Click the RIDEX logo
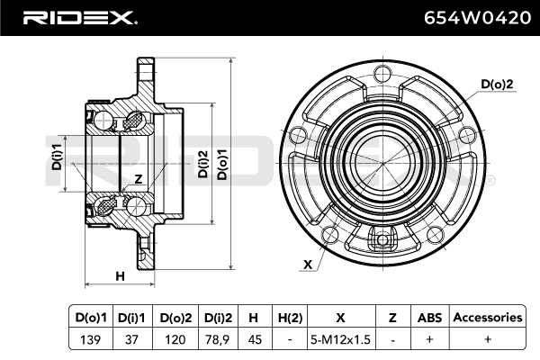(79, 17)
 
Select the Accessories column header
(487, 317)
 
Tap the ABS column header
(427, 317)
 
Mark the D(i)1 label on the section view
(56, 154)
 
